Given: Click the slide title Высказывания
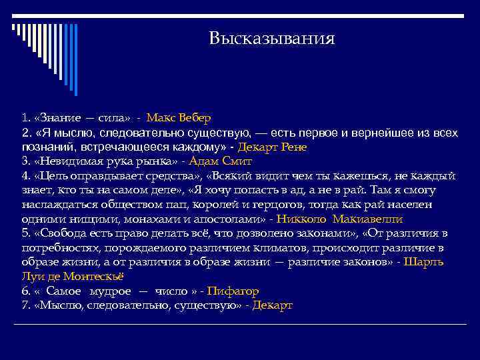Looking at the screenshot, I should point(271,38).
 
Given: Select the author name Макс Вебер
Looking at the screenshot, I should point(179,118).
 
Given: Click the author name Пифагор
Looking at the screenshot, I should point(233,291).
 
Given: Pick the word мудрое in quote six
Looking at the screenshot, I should point(107,291).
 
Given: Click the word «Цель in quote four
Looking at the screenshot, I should point(47,176).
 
